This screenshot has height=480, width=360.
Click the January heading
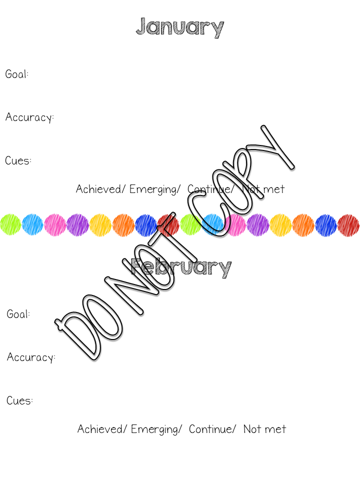179,27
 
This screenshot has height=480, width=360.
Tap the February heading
181,267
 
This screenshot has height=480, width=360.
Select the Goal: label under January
17,74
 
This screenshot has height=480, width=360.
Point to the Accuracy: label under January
29,118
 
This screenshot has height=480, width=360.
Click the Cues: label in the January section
18,161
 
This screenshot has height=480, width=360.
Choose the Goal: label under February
18,314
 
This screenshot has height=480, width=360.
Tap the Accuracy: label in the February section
31,357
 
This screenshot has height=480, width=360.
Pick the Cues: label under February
20,400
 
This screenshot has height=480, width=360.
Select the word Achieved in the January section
98,189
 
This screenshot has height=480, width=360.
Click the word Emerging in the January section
153,189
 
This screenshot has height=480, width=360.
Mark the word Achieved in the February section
100,429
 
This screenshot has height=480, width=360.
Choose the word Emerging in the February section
154,429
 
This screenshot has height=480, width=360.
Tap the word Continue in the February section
210,429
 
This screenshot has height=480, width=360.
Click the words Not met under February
264,429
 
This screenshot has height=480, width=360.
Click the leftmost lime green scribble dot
10,224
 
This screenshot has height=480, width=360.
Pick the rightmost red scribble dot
348,224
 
